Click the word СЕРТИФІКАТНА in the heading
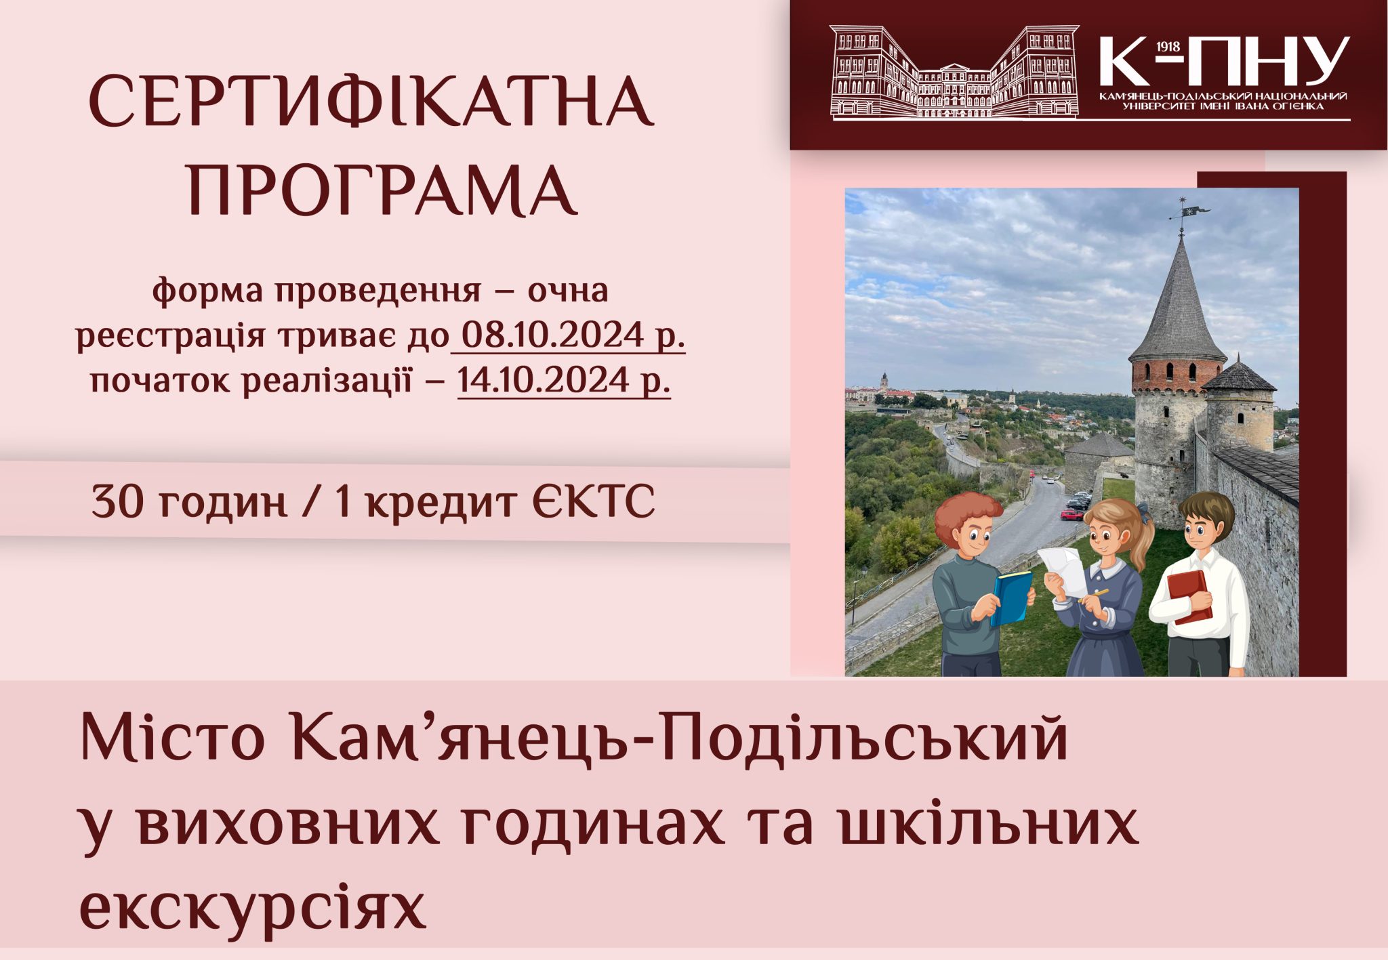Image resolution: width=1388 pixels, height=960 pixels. (x=371, y=102)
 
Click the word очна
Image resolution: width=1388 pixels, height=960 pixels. (x=568, y=291)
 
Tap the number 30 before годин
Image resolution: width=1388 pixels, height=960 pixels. (x=118, y=502)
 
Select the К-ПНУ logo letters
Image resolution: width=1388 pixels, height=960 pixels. (x=1224, y=62)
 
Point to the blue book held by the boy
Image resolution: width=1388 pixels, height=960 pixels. (x=1012, y=597)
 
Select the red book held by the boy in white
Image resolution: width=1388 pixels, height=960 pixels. (x=1189, y=596)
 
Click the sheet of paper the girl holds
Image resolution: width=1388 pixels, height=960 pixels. (x=1062, y=571)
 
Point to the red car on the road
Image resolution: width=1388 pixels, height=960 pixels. (x=1072, y=514)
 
